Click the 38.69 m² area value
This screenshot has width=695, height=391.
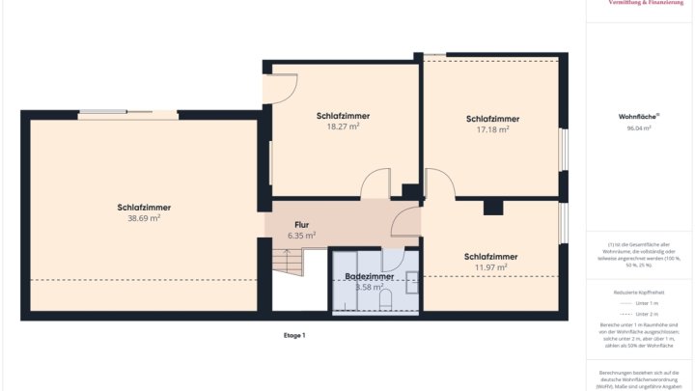(144, 218)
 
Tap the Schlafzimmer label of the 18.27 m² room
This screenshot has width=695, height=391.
(343, 116)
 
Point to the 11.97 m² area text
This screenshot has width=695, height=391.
(490, 267)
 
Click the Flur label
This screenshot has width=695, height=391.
(301, 224)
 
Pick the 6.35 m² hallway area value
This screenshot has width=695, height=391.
(301, 235)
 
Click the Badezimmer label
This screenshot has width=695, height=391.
(369, 276)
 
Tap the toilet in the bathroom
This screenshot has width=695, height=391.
(385, 301)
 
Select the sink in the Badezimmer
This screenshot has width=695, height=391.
(412, 282)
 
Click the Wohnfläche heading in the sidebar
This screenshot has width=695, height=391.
(638, 117)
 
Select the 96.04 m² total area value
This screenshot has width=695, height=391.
(638, 127)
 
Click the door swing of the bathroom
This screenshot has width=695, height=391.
(392, 258)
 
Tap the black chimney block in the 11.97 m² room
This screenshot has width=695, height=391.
(493, 207)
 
